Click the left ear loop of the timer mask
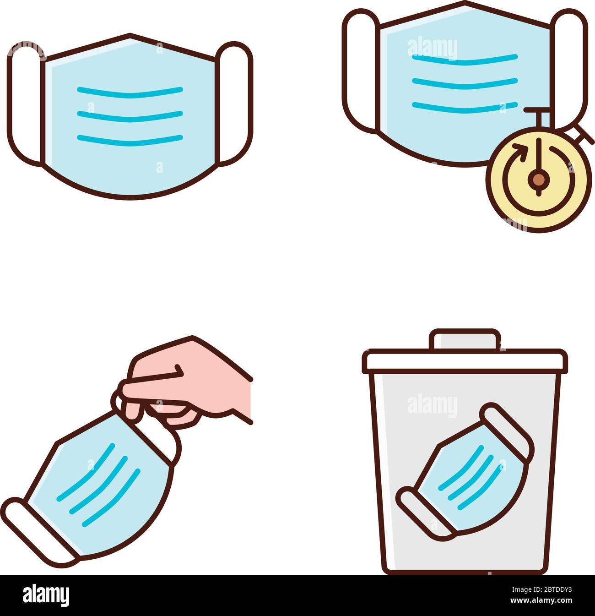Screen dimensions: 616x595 pos(360,69)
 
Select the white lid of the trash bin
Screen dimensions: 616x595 pos(465,361)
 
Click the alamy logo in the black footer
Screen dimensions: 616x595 pos(46,595)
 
